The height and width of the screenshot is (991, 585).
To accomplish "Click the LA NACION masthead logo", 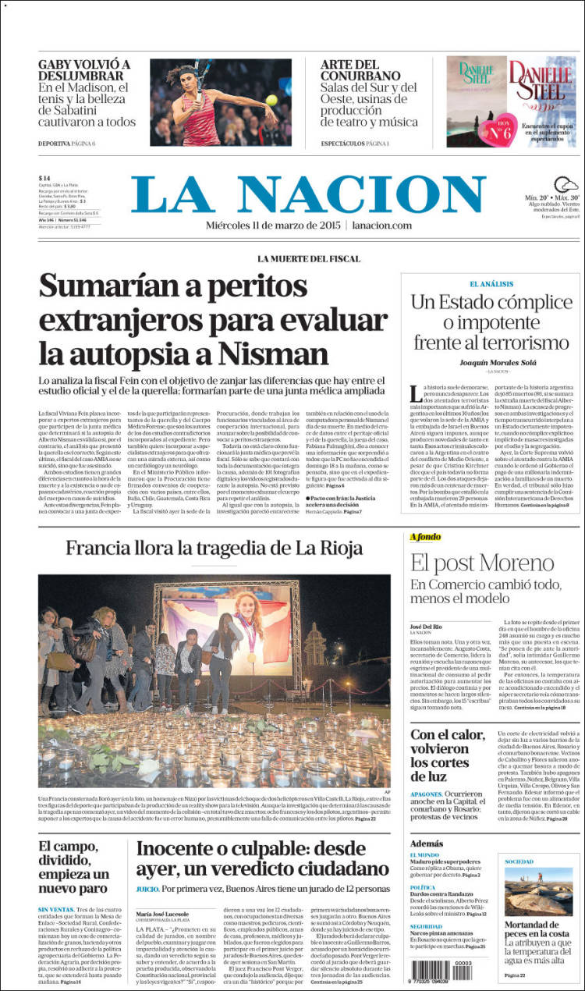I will (309, 194).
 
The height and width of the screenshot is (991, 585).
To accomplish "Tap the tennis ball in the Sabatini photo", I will (272, 99).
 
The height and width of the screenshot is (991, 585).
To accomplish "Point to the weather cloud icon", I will (566, 185).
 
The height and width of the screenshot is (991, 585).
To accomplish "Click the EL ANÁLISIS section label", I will (491, 283).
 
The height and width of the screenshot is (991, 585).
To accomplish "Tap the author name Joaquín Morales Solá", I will (491, 361).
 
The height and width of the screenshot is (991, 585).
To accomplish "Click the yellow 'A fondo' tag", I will (426, 537).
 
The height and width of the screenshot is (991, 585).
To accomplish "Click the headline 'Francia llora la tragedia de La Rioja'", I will (214, 547).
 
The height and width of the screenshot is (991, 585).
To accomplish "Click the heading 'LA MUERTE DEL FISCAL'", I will (309, 258).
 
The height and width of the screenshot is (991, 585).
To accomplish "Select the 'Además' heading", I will (426, 844).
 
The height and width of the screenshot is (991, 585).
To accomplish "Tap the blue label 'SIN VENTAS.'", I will (55, 910).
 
